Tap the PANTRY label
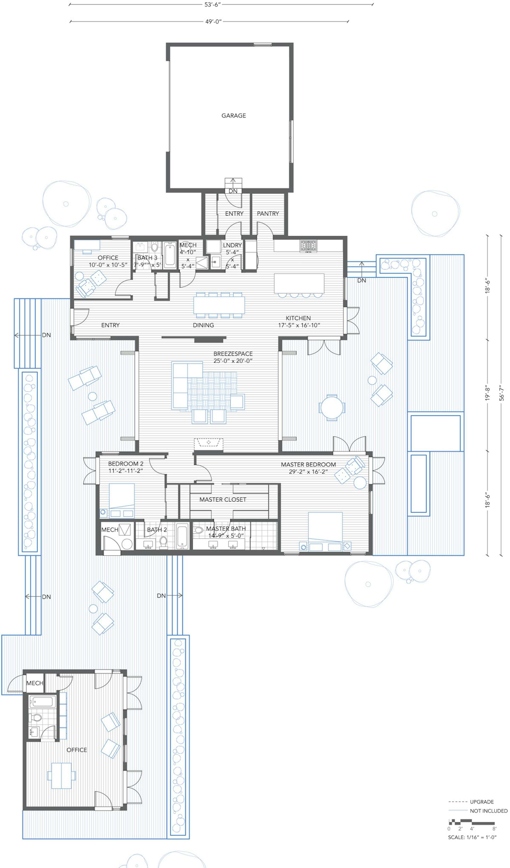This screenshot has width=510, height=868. pos(268,213)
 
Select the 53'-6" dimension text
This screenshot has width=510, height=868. pos(212,5)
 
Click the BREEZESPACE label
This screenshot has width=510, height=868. pos(233,354)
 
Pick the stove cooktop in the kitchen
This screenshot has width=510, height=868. pos(308,246)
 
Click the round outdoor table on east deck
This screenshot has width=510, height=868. pos(332,408)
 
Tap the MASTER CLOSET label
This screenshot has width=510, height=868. pos(223,499)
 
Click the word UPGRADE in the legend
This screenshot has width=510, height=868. pos(482,802)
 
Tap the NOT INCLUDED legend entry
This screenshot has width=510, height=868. pos(488,811)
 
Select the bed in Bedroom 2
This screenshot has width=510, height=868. pos(122,496)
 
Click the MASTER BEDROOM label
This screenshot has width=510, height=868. pos(308,464)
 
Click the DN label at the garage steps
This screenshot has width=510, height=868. pos(233,191)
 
